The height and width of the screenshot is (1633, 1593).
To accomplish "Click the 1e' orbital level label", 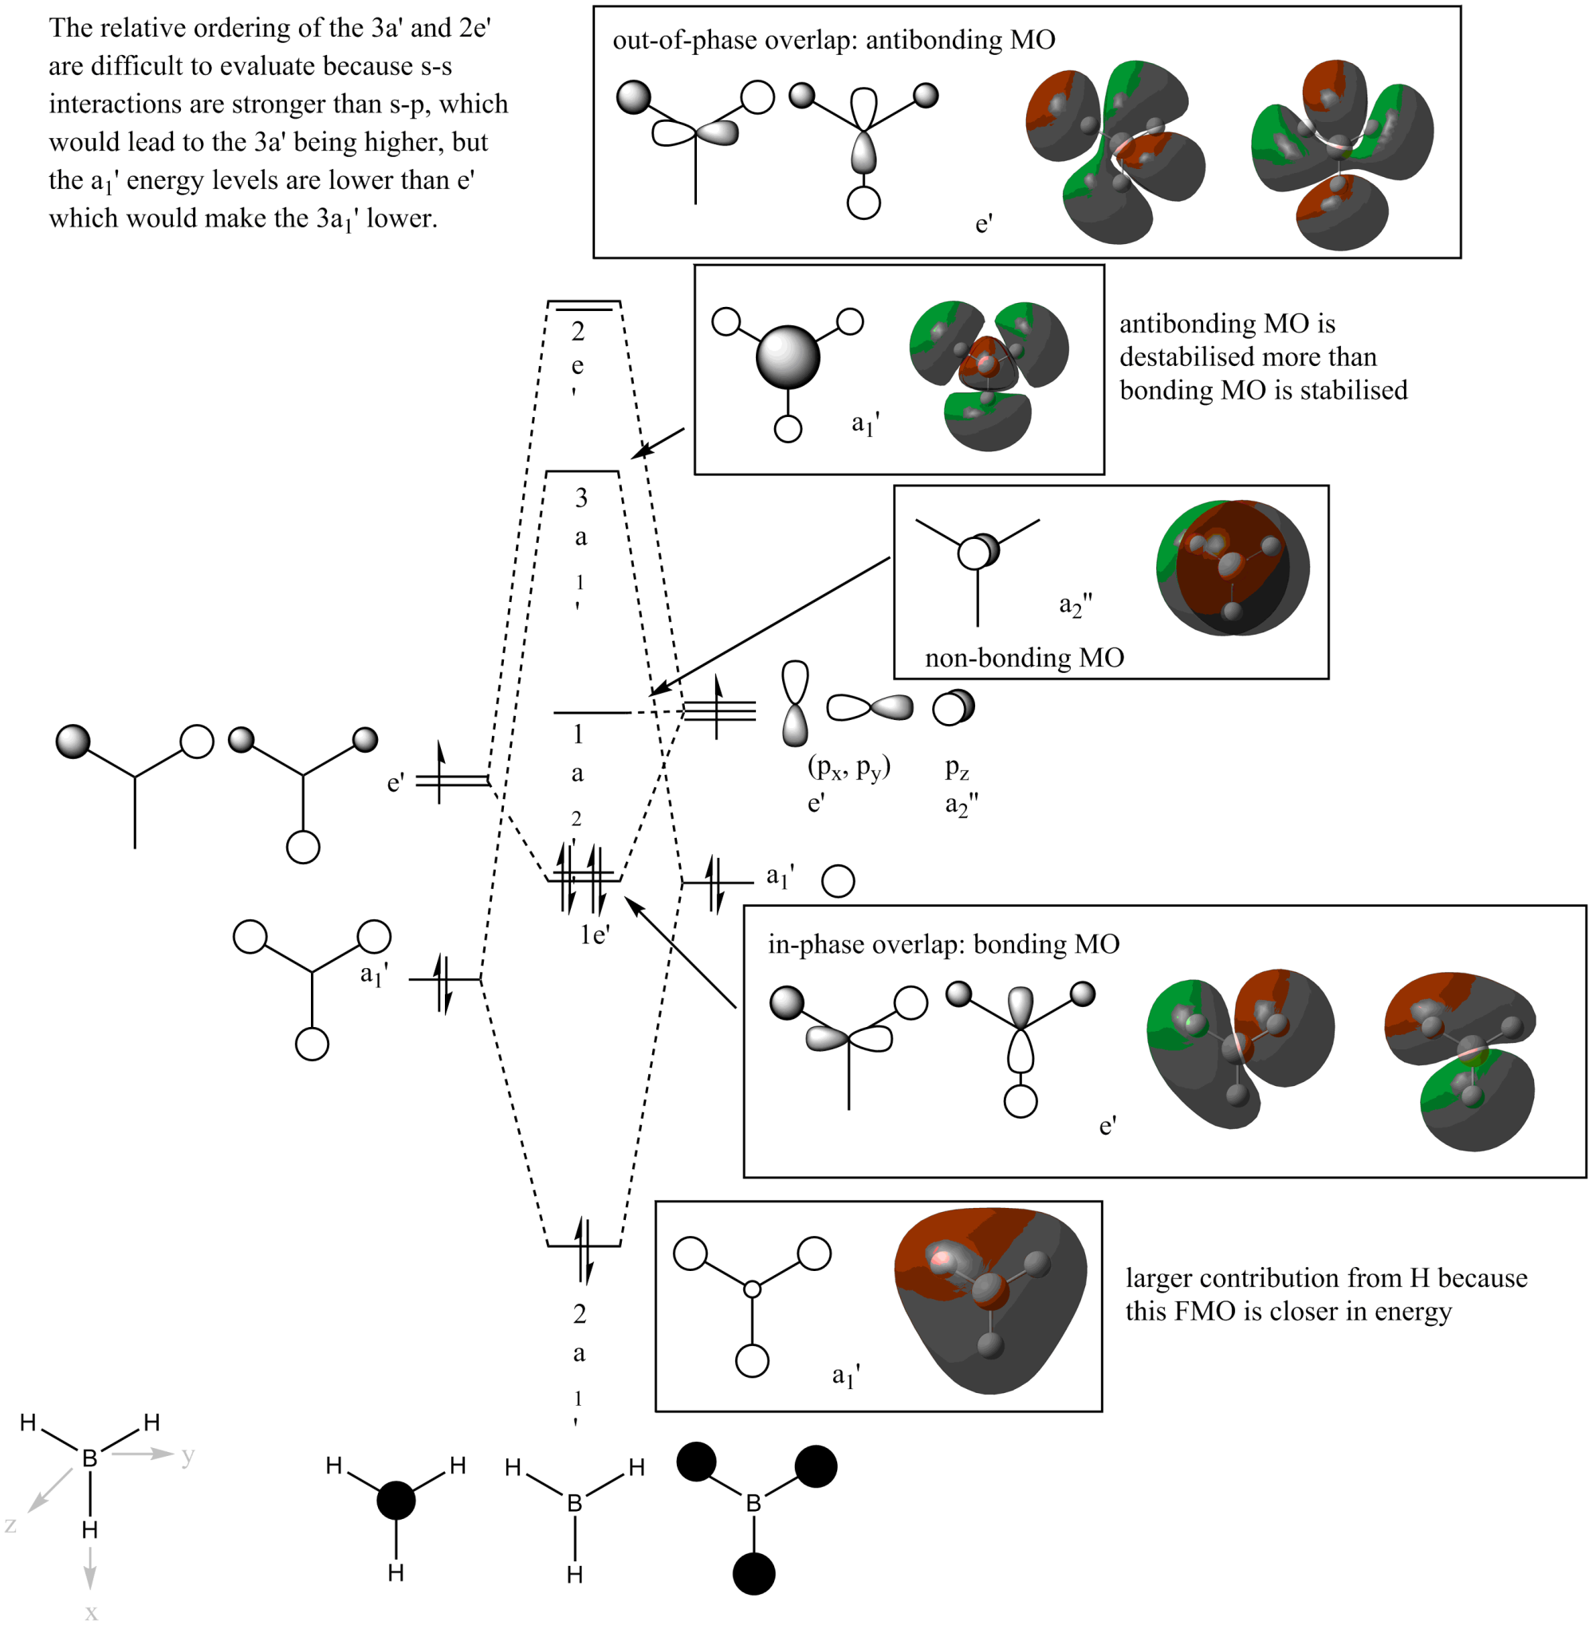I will (x=594, y=935).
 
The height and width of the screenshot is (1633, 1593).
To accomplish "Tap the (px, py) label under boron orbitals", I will (x=848, y=766).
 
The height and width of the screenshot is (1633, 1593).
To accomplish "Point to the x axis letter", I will (x=91, y=1613).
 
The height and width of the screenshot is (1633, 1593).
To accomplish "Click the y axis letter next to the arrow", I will (x=187, y=1456).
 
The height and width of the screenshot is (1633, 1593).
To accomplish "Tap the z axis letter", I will (x=11, y=1525).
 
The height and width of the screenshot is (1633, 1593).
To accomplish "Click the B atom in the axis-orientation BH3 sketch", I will (x=89, y=1459).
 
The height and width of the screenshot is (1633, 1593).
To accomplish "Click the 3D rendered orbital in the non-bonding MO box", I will (x=1233, y=568).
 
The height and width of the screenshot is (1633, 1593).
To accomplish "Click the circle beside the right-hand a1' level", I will (x=837, y=882).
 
